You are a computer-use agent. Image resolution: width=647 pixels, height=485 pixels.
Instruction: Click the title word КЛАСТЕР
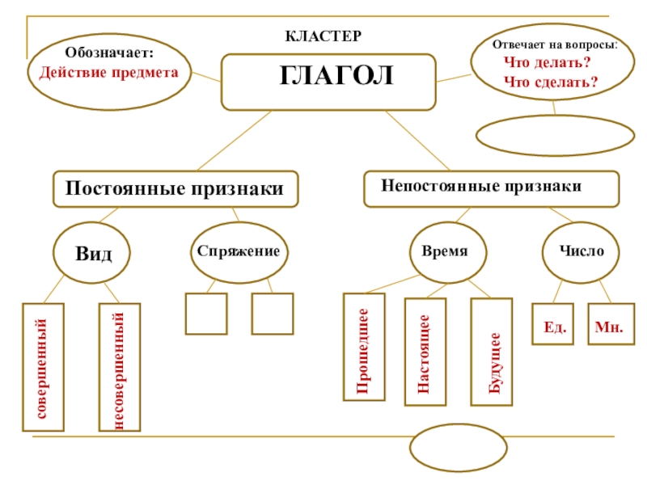tap(323, 37)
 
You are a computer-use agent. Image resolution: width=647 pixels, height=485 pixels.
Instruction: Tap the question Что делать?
tap(546, 63)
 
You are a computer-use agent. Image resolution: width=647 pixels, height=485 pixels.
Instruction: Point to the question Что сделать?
tap(550, 82)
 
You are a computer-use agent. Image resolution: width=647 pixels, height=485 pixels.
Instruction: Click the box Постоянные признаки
tap(175, 189)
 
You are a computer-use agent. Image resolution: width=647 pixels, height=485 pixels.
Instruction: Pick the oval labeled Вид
tap(94, 253)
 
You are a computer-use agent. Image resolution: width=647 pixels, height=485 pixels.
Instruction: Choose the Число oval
tap(580, 251)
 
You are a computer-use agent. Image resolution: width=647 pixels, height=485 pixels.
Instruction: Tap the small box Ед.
tap(553, 324)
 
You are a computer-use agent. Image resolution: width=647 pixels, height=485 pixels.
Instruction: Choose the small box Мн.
tap(611, 324)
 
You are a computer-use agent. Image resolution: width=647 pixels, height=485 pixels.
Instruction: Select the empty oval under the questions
tap(555, 137)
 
